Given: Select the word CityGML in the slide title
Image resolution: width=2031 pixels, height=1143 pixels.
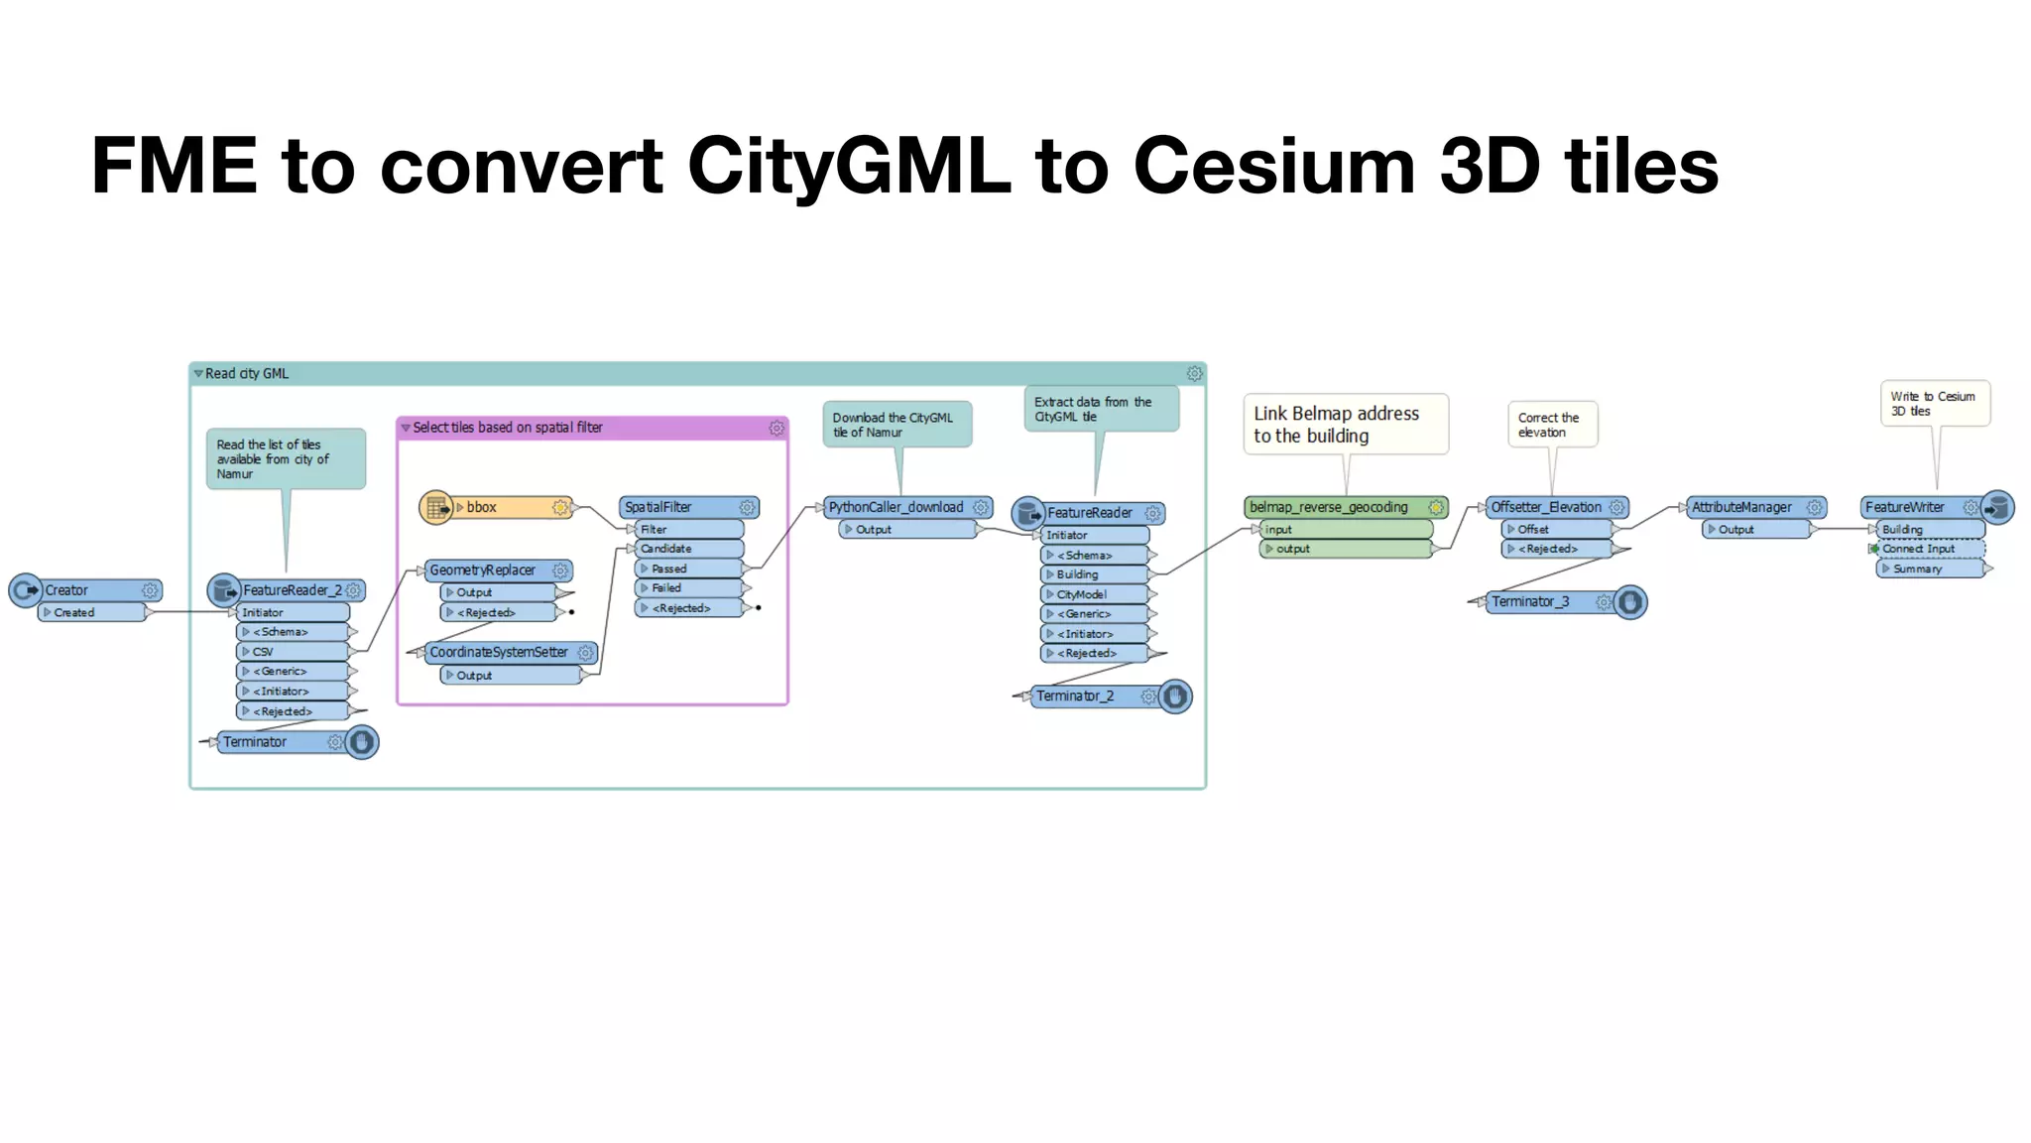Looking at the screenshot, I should (849, 166).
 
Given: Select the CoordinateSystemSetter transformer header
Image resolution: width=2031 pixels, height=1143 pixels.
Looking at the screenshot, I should (501, 652).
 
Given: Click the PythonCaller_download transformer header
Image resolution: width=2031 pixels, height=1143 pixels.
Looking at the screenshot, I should (897, 507).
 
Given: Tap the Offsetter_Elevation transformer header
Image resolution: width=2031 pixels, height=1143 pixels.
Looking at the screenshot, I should (1547, 507).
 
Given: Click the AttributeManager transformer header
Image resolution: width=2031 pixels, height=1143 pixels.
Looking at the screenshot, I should (1743, 507).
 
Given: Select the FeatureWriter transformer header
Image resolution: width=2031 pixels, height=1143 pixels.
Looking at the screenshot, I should (1909, 507).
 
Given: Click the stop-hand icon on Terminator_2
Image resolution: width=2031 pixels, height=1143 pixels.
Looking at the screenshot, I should (1175, 697).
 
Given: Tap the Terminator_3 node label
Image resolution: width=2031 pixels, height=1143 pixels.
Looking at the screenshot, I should (1531, 602).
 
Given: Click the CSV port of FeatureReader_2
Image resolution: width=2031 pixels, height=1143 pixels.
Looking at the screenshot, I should (292, 652).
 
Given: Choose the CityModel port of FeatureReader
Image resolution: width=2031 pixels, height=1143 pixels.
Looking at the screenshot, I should (1093, 594).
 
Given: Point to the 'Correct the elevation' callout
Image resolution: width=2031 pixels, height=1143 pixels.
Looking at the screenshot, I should (1551, 425).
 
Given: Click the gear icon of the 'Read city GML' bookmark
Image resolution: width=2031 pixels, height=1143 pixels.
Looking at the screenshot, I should (1194, 374).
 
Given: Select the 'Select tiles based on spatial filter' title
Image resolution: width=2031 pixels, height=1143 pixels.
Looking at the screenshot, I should (507, 428).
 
